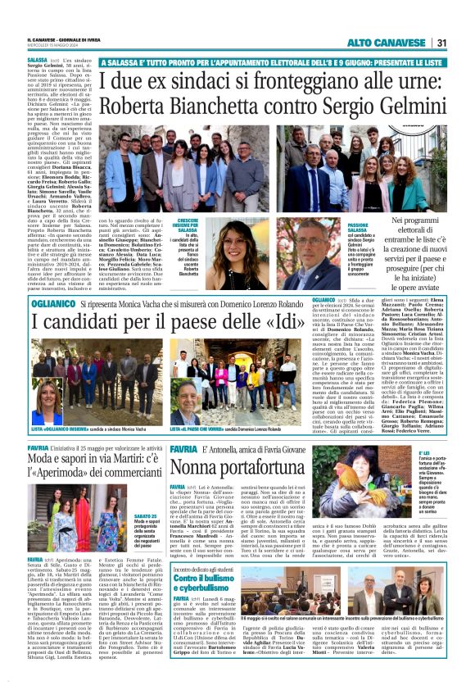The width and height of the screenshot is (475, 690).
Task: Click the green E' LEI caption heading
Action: click(x=426, y=453)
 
